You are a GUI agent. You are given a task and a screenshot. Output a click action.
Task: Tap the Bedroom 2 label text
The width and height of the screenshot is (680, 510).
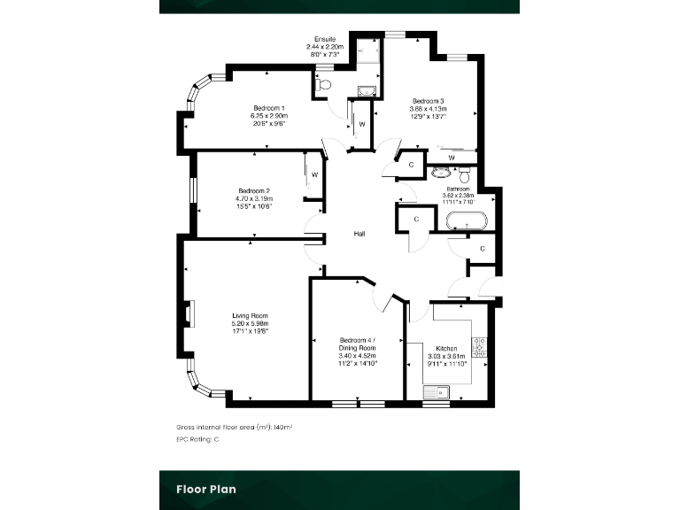[x=254, y=190]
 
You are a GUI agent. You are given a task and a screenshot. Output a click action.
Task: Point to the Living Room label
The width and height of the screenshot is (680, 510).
[x=250, y=316]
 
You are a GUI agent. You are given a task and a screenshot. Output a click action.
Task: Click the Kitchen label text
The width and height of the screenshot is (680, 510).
[x=445, y=348]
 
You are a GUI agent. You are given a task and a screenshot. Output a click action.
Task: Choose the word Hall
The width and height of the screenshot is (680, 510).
[x=359, y=234]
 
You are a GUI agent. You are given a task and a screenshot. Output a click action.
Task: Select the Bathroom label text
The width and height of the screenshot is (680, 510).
[x=458, y=189]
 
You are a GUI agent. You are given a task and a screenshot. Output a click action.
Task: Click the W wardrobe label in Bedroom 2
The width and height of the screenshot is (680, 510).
[x=314, y=174]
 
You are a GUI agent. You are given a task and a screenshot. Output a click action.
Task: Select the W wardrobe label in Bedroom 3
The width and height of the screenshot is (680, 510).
[x=452, y=158]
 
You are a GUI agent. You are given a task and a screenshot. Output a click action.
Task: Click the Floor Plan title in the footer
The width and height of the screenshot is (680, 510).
[x=205, y=488]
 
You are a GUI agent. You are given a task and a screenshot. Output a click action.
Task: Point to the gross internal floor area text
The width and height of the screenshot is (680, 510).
[x=235, y=427]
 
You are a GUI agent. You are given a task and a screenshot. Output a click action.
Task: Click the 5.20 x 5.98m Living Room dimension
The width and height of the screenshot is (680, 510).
[x=250, y=324]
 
